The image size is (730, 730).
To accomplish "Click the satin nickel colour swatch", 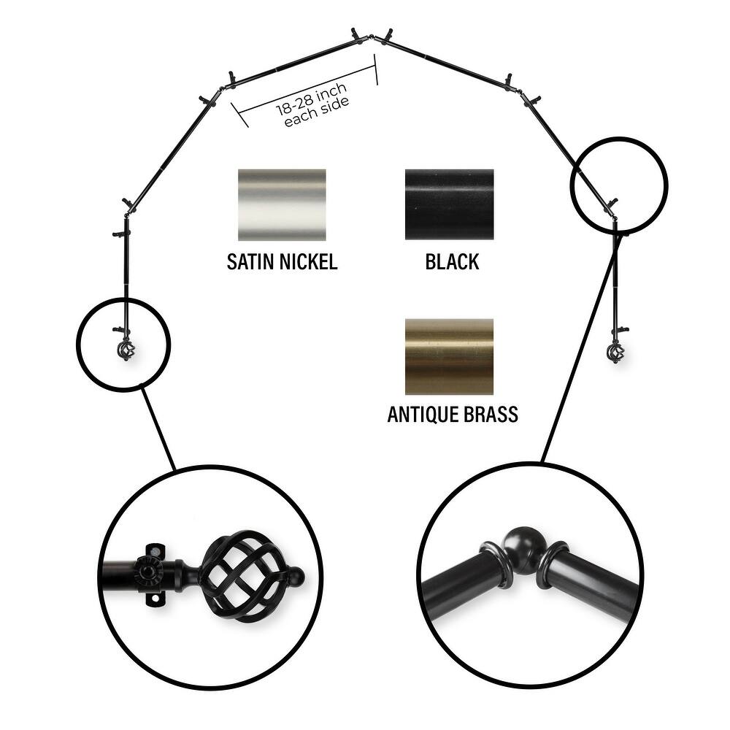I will (282, 204).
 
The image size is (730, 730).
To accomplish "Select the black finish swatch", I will (449, 204).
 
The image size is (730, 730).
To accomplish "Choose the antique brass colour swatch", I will (449, 356).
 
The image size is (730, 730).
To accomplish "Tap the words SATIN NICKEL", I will (282, 262).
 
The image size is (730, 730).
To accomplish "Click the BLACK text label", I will (452, 262).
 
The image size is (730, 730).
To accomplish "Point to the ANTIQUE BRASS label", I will (452, 415).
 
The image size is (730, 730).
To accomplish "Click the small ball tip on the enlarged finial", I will (295, 579).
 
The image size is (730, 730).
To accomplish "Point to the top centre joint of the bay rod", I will (372, 36).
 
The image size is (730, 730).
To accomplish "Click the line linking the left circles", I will (158, 428).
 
